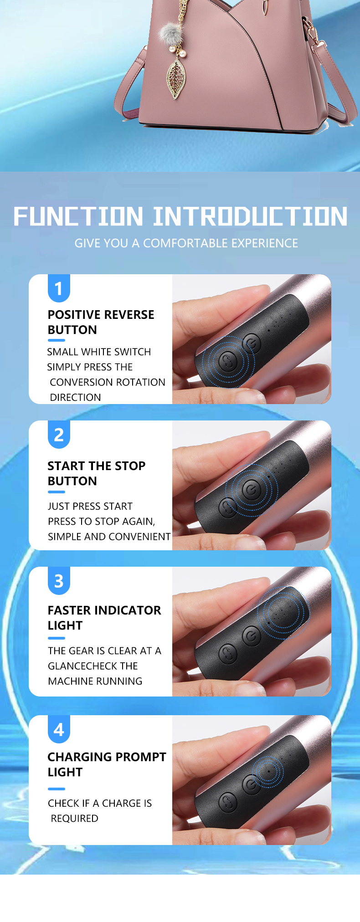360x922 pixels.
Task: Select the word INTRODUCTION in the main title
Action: point(250,216)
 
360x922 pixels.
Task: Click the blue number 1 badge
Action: point(59,288)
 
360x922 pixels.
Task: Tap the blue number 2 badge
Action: point(59,435)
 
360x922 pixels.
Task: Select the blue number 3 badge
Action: point(59,581)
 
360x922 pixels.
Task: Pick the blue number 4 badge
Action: point(59,729)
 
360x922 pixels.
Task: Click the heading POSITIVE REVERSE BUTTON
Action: point(101,322)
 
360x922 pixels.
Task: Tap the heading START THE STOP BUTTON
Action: point(96,473)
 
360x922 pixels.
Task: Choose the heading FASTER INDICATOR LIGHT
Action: point(104,618)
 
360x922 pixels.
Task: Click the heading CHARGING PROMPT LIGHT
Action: point(107,764)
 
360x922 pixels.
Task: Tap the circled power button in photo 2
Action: point(252,490)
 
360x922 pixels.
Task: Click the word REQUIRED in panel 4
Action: point(74,819)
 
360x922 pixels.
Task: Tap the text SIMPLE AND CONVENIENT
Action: point(109,537)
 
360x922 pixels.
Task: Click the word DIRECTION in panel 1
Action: point(75,397)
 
